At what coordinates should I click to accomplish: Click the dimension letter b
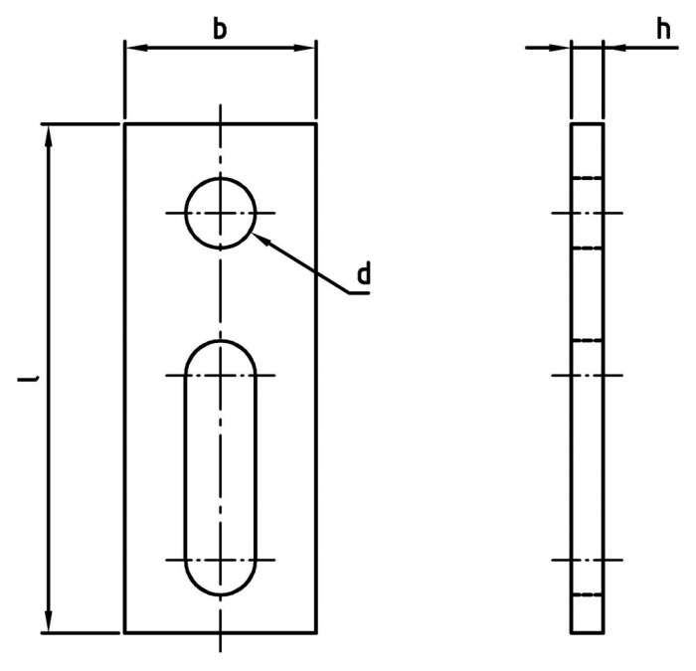[x=220, y=29]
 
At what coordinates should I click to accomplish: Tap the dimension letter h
[x=660, y=30]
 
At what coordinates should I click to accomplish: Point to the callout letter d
[x=364, y=272]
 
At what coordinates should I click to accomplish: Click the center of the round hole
[x=220, y=213]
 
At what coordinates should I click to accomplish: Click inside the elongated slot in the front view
[x=220, y=467]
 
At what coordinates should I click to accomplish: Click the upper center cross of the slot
[x=220, y=375]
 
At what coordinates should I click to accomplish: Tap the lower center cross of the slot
[x=220, y=560]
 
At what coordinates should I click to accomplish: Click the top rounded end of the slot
[x=220, y=343]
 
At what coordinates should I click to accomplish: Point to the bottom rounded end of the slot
[x=220, y=592]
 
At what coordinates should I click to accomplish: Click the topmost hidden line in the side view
[x=587, y=179]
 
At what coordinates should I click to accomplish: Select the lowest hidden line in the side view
[x=587, y=596]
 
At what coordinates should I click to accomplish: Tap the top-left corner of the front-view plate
[x=124, y=124]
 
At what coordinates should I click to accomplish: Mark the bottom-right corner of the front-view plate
[x=316, y=632]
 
